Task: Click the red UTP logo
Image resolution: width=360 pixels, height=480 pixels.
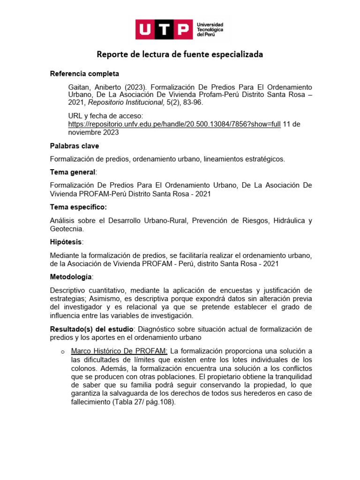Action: (164, 30)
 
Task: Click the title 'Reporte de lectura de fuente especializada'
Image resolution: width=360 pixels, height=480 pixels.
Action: (180, 54)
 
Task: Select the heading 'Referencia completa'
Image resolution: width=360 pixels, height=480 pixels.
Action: (84, 74)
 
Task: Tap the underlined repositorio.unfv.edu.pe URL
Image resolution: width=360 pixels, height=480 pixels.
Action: (174, 124)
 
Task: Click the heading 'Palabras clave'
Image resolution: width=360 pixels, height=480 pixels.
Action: (75, 146)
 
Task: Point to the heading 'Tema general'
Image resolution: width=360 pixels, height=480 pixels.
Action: (72, 172)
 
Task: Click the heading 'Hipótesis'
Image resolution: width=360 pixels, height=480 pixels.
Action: (66, 241)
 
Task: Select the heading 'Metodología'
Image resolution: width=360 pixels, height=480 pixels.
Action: (71, 277)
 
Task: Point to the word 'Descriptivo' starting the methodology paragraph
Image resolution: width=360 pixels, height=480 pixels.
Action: (67, 290)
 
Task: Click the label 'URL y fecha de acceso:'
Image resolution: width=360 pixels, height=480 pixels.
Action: (105, 115)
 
